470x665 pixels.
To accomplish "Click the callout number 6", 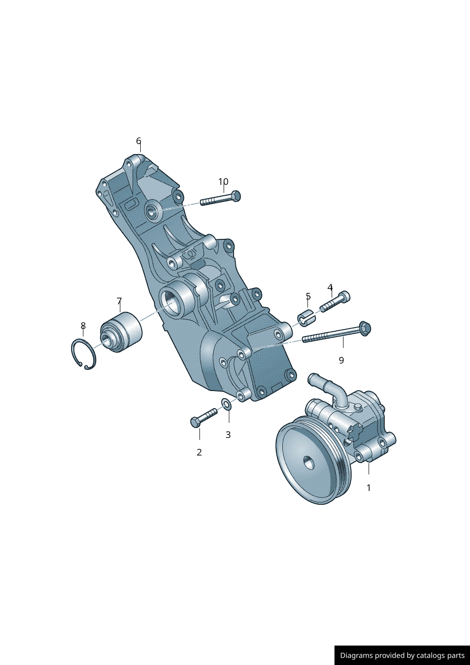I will coord(138,141).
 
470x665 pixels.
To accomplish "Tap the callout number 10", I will coord(223,182).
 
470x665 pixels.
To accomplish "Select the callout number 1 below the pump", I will coord(369,488).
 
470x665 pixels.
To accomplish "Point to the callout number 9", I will coord(341,360).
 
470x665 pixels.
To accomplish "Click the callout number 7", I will coord(119,301).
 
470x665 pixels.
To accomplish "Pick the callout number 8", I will coord(83,326).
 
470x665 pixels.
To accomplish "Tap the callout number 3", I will coord(228,435).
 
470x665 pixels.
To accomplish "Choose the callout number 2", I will coord(199,452).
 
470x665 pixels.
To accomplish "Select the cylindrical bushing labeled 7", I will coord(122,332).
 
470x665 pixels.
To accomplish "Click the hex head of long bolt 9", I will coord(364,328).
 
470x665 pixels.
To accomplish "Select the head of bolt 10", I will coord(235,195).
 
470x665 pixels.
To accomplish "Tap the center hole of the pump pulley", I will coord(308,462).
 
